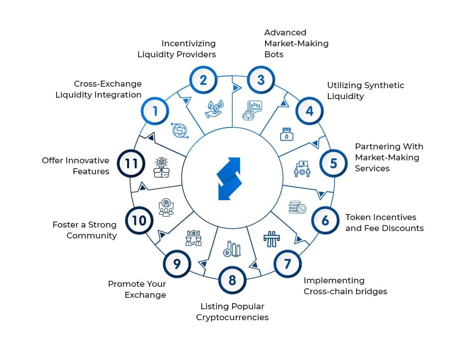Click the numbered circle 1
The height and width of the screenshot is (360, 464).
[x=155, y=111]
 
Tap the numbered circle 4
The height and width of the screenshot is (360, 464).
[x=309, y=111]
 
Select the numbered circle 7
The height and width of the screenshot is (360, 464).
[x=287, y=263]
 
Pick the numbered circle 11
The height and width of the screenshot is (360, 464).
[x=131, y=163]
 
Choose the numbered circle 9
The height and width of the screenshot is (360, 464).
[x=177, y=264]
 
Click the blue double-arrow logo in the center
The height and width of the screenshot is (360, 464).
[x=229, y=179]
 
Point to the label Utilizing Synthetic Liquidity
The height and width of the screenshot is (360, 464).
[x=365, y=91]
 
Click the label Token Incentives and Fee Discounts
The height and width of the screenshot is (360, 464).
[x=384, y=223]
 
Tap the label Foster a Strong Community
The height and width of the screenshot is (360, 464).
[x=84, y=230]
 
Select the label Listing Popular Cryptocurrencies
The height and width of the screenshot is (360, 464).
[x=232, y=312]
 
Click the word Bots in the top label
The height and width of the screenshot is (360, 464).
[x=274, y=54]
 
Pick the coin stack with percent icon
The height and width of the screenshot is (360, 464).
[x=298, y=207]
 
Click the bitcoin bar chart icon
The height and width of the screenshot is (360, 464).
[x=232, y=248]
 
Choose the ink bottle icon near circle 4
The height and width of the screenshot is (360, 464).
[x=286, y=134]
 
